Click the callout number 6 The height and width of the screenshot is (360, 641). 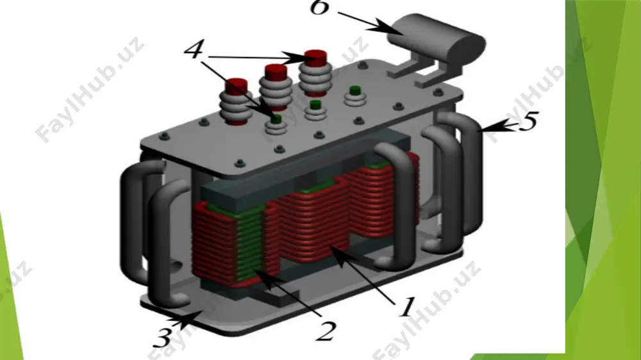tap(319, 7)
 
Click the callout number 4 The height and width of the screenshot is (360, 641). tap(194, 49)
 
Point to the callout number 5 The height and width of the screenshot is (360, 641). tap(529, 121)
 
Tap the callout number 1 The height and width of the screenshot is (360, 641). tap(407, 307)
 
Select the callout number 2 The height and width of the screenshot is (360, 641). tap(326, 331)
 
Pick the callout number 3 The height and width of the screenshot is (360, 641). tap(163, 338)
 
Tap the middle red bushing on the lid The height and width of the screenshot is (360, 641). tap(276, 86)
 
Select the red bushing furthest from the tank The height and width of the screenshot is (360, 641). tap(237, 102)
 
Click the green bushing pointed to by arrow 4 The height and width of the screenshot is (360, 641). tap(277, 125)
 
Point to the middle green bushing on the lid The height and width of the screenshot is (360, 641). tap(315, 110)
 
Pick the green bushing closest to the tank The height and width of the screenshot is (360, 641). tap(354, 97)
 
